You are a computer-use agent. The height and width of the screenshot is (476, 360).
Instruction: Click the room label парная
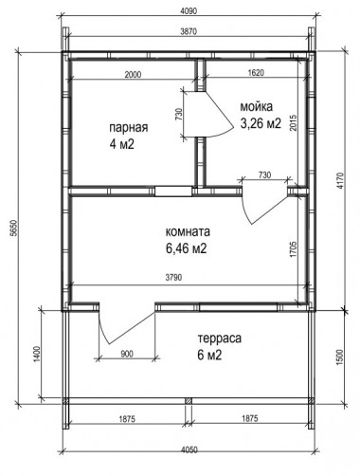129,128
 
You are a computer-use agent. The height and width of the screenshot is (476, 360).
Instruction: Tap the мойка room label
257,107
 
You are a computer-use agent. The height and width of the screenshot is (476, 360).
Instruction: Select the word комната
188,231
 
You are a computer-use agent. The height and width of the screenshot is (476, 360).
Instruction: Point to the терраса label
220,339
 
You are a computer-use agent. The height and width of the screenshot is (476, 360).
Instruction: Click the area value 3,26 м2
261,123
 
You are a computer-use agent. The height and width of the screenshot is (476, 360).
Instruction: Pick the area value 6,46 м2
186,248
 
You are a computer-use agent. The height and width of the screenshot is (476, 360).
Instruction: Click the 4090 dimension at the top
189,11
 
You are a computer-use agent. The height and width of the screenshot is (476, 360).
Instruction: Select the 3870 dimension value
189,31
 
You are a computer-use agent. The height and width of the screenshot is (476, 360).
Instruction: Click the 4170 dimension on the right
339,180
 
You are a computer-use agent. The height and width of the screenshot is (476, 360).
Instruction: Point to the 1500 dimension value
340,357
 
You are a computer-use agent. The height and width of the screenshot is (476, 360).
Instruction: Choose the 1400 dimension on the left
37,355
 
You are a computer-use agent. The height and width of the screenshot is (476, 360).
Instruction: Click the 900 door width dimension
127,354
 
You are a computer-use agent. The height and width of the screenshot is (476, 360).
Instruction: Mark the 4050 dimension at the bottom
189,449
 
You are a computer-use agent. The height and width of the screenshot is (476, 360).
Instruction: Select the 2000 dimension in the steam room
133,75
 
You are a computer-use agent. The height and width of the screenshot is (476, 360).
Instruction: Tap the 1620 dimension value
256,73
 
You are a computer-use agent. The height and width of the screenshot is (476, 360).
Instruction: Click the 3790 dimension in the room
173,278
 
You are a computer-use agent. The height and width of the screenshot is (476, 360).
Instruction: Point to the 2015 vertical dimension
293,122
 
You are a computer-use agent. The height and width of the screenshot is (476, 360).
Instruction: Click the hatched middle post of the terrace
189,401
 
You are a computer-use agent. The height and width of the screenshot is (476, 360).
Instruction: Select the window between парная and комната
173,192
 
